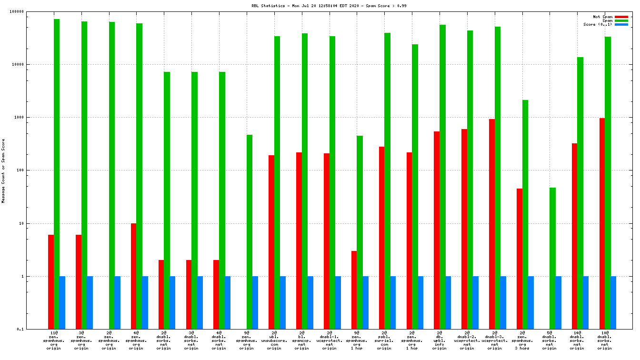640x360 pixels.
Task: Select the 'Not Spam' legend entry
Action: [602, 17]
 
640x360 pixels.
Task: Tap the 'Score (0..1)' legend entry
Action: [598, 24]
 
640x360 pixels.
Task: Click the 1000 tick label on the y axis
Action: [33, 117]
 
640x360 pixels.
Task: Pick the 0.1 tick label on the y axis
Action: [34, 329]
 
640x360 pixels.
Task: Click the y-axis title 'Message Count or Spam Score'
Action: [3, 170]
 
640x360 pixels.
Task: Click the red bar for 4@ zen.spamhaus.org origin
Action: [134, 276]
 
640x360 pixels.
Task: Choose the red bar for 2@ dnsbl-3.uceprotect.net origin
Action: [492, 224]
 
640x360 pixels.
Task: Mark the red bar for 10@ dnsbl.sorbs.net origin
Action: [602, 223]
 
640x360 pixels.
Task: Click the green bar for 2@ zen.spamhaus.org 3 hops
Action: [525, 214]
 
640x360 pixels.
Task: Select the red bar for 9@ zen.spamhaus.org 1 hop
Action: [354, 290]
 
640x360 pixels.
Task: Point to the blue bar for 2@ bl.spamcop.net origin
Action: [310, 302]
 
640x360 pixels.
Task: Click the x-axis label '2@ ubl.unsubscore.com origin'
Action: [274, 340]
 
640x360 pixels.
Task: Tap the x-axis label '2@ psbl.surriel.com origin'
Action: [384, 340]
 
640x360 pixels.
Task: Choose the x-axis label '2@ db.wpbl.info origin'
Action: [440, 340]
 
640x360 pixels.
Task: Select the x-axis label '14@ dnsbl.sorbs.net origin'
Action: [577, 340]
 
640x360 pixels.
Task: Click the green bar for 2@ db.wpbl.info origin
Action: [442, 177]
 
